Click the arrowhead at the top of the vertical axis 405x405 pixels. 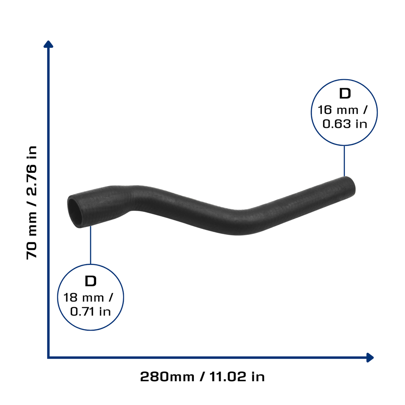[x=48, y=44]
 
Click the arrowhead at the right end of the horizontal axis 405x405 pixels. [x=370, y=358]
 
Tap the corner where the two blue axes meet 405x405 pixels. [x=48, y=358]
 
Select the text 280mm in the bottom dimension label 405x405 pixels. [x=167, y=377]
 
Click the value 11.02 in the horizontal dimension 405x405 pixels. [x=227, y=377]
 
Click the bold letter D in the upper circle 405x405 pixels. [x=345, y=93]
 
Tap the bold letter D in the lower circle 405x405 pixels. [x=91, y=281]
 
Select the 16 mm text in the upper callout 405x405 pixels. [x=338, y=110]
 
